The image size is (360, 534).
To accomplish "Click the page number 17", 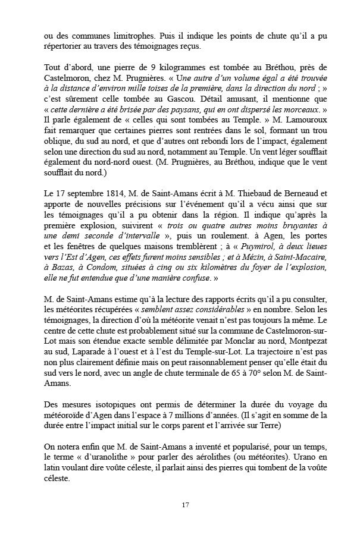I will click(x=185, y=504).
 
